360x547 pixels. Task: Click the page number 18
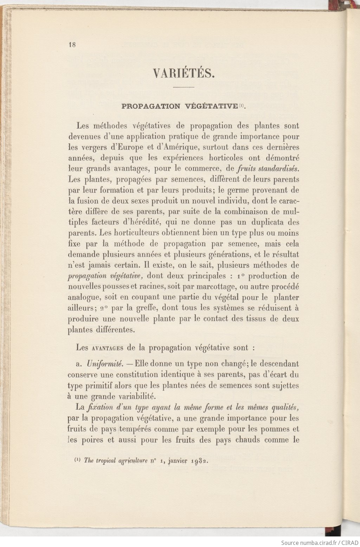click(72, 45)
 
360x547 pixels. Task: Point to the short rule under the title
click(184, 87)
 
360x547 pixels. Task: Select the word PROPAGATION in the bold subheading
click(151, 106)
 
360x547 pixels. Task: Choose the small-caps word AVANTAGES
click(107, 348)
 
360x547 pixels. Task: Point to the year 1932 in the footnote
click(200, 461)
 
